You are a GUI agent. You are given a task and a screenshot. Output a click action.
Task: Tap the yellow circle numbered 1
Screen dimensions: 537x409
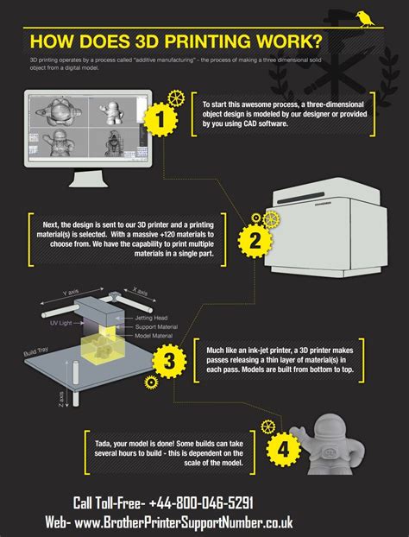click(x=159, y=120)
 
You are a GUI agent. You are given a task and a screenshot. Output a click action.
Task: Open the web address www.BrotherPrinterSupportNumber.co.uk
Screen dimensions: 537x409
click(x=181, y=522)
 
